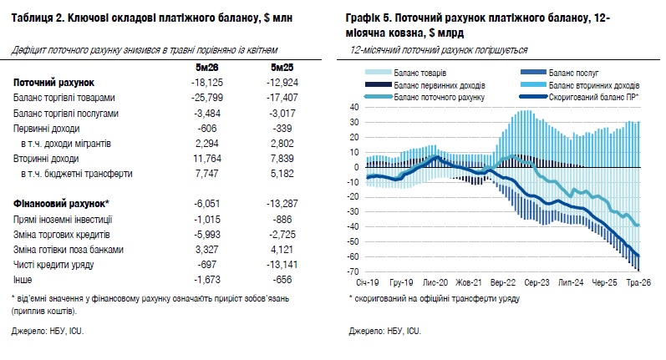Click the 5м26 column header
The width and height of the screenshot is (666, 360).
click(x=207, y=68)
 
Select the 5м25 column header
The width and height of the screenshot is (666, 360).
click(x=282, y=68)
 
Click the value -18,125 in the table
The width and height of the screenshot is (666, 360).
click(x=207, y=83)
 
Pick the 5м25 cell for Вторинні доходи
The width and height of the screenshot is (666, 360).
click(x=282, y=159)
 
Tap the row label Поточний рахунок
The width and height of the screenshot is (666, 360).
click(x=54, y=83)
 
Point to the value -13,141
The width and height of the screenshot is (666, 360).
click(x=282, y=265)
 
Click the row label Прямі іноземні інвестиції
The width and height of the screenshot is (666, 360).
click(x=63, y=220)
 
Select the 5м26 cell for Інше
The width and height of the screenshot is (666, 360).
click(x=207, y=279)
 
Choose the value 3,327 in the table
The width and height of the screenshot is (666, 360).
click(x=207, y=249)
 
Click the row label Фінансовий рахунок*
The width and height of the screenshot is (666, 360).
click(x=61, y=204)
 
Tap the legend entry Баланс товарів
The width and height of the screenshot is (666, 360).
click(x=420, y=73)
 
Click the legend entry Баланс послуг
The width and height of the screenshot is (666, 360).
click(x=573, y=73)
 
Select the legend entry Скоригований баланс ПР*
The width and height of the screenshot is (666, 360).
click(x=593, y=97)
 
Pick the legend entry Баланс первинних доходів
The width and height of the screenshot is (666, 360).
click(x=440, y=85)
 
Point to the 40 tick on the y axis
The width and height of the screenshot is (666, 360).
click(x=354, y=108)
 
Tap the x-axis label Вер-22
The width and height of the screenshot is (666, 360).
click(x=503, y=282)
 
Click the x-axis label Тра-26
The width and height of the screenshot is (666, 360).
click(x=638, y=282)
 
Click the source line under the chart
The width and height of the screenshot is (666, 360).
click(x=385, y=331)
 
